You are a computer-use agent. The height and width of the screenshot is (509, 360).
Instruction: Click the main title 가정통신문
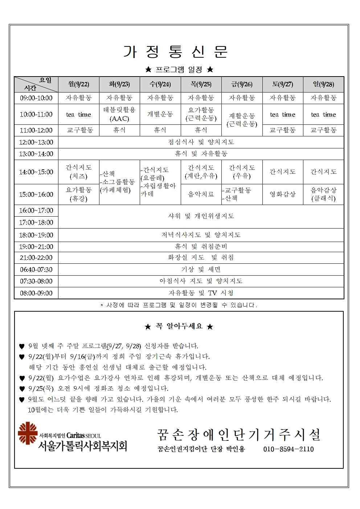pyautogui.click(x=176, y=52)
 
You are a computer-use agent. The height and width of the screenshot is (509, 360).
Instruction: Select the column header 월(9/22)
pyautogui.click(x=78, y=84)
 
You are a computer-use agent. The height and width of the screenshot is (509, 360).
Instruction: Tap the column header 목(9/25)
pyautogui.click(x=201, y=84)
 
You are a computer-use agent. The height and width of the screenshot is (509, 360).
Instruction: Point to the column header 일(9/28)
pyautogui.click(x=323, y=84)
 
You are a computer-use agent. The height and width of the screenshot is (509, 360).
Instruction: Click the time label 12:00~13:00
pyautogui.click(x=36, y=142)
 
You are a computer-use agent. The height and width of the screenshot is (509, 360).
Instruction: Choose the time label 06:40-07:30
pyautogui.click(x=36, y=270)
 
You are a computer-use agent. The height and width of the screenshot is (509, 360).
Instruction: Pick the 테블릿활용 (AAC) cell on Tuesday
pyautogui.click(x=119, y=114)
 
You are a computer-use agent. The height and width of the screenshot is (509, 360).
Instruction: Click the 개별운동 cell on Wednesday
pyautogui.click(x=160, y=114)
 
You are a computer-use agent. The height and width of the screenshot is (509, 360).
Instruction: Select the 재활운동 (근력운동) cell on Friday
pyautogui.click(x=242, y=120)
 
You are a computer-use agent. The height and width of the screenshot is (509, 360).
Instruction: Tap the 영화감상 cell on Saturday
pyautogui.click(x=282, y=194)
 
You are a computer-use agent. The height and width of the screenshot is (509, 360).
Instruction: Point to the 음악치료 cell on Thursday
pyautogui.click(x=201, y=194)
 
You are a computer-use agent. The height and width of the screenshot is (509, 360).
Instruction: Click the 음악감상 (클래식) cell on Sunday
pyautogui.click(x=323, y=194)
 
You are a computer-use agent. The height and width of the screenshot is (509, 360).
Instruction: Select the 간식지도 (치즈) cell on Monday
pyautogui.click(x=78, y=172)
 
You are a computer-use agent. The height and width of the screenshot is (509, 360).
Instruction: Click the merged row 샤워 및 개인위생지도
pyautogui.click(x=201, y=216)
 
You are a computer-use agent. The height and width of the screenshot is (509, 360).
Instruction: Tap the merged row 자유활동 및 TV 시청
pyautogui.click(x=201, y=293)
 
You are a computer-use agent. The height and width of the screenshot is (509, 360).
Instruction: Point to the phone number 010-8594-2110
pyautogui.click(x=288, y=449)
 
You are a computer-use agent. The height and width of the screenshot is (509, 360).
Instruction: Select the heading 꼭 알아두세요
pyautogui.click(x=179, y=327)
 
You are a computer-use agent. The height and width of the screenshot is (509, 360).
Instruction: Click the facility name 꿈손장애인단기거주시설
pyautogui.click(x=239, y=434)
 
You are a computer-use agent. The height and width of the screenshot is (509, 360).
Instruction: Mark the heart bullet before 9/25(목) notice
pyautogui.click(x=22, y=389)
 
